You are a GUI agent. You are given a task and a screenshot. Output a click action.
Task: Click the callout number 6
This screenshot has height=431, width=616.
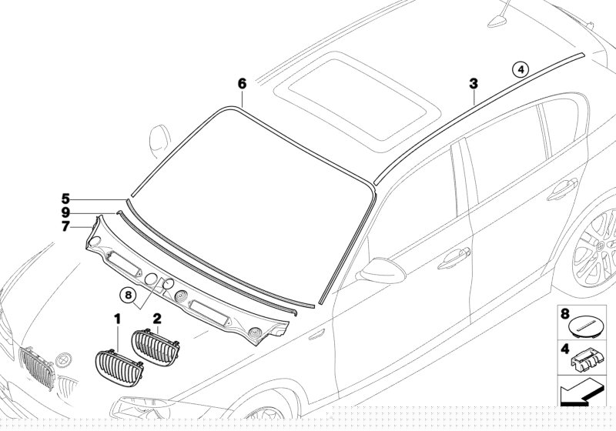241,83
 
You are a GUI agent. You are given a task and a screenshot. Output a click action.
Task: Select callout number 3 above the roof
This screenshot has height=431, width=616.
474,83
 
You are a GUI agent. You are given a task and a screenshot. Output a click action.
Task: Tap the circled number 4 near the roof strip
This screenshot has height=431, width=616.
521,70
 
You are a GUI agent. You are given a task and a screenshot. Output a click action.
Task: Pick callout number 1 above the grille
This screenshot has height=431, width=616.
118,318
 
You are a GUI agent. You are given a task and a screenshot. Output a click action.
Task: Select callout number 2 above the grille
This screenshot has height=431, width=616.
157,318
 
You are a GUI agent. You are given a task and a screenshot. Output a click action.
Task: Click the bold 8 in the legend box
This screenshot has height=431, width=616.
564,314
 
